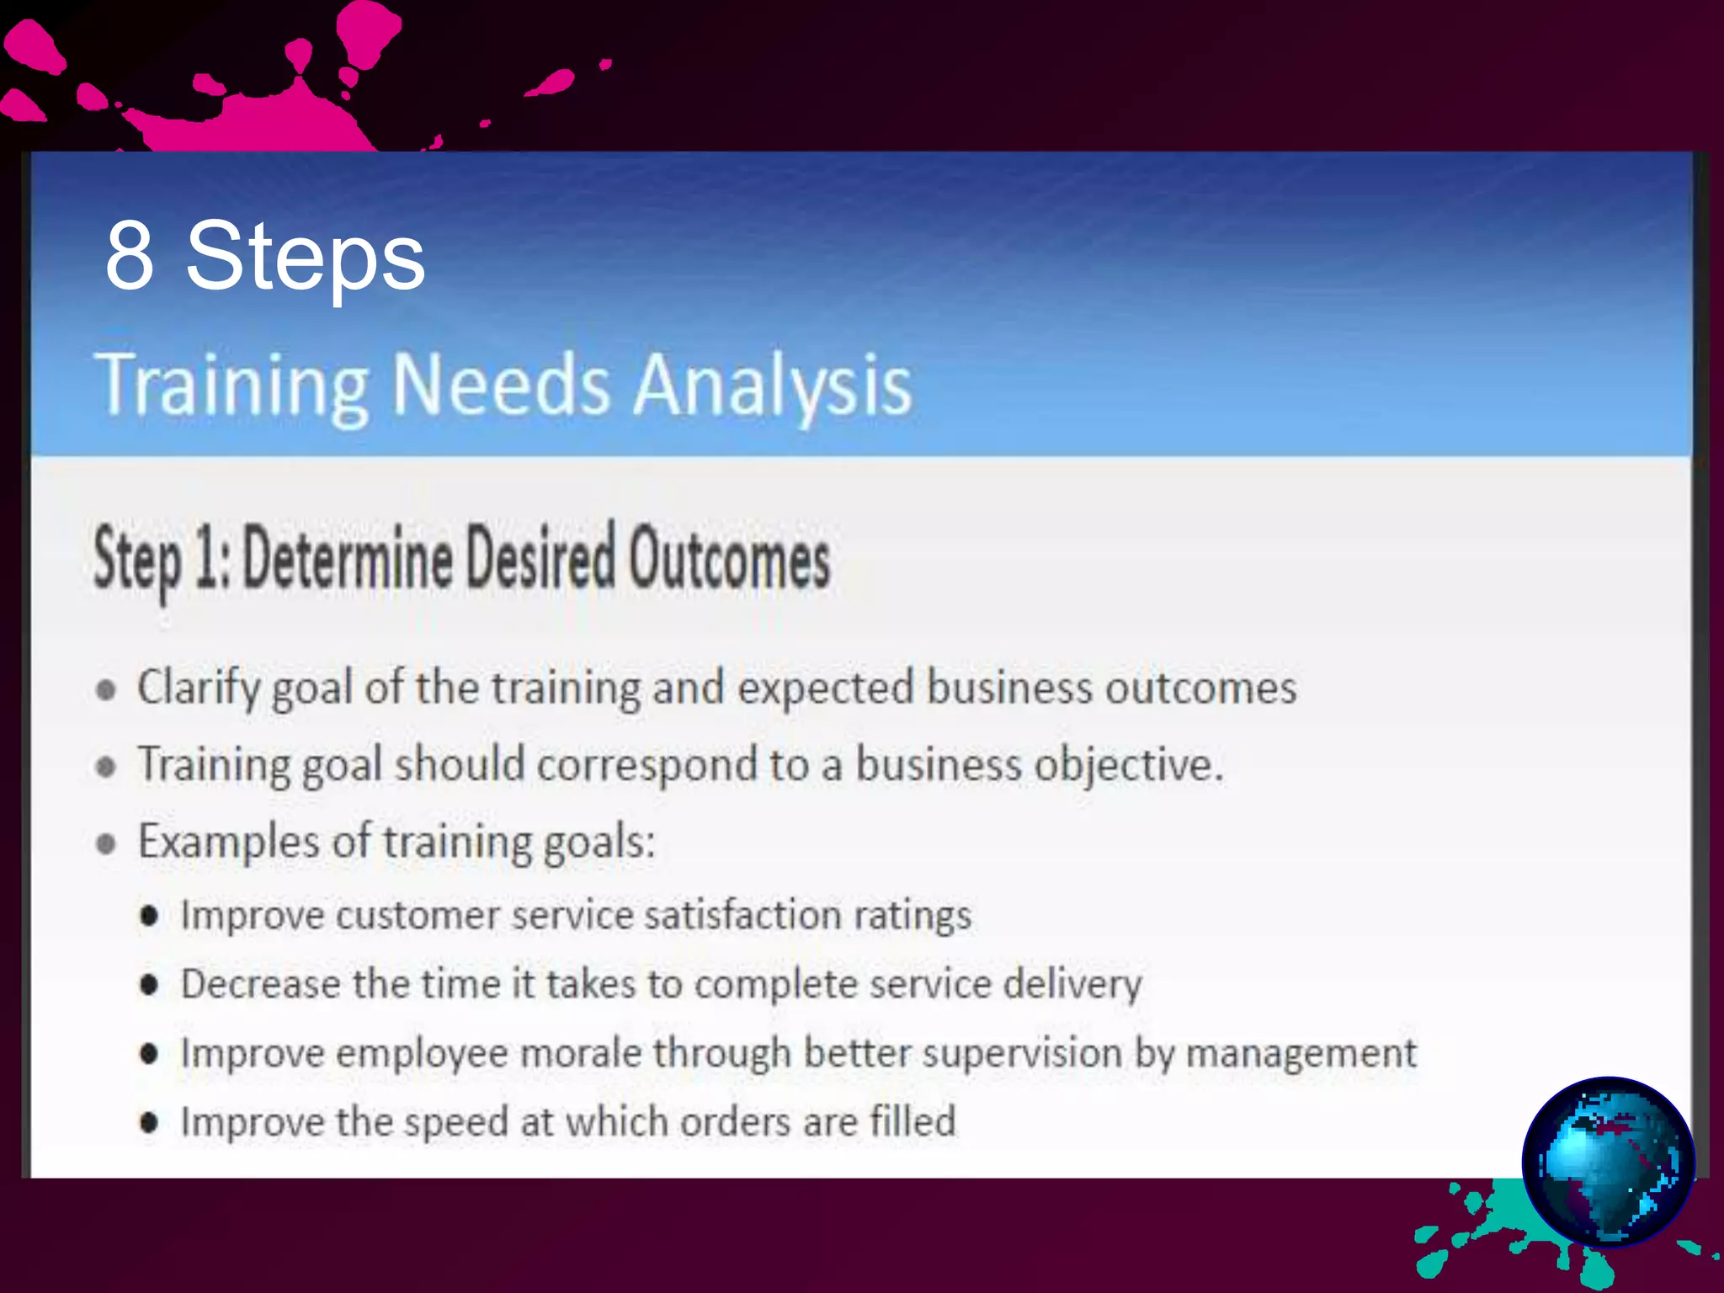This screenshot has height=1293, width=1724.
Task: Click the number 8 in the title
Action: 130,256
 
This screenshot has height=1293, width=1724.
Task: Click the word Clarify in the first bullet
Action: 198,689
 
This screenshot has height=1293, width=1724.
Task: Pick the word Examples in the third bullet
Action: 229,842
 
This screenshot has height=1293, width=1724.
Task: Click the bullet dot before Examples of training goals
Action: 106,843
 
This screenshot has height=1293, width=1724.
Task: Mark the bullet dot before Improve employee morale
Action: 149,1054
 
